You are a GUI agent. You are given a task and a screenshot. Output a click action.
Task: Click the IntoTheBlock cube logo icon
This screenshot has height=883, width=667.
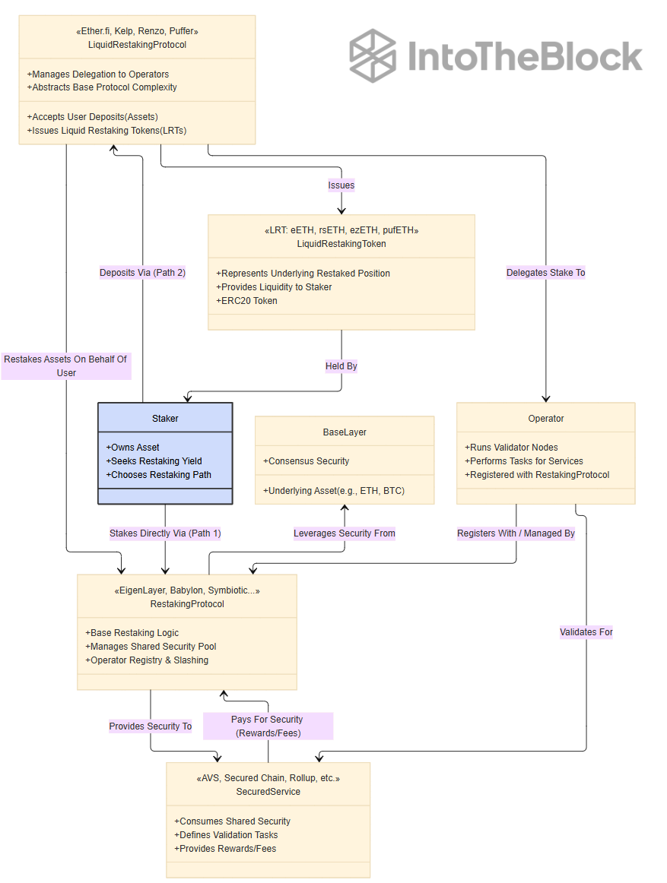[x=373, y=55]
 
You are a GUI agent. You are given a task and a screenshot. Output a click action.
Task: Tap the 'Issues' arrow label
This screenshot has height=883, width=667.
[x=341, y=185]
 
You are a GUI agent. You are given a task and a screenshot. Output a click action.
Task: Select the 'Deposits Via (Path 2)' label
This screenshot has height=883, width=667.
[x=143, y=273]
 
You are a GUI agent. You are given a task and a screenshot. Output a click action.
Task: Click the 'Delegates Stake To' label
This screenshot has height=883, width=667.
[x=546, y=273]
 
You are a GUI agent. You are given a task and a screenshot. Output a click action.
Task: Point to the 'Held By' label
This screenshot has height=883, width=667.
[x=341, y=366]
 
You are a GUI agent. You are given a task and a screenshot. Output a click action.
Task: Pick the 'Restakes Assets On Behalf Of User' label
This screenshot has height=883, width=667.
[x=66, y=366]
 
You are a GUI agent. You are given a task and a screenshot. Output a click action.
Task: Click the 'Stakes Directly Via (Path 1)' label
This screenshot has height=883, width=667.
[x=165, y=533]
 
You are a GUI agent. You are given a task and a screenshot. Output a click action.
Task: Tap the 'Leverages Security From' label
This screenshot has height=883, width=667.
[x=345, y=533]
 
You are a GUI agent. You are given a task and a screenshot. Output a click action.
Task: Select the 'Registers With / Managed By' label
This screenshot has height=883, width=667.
[x=516, y=533]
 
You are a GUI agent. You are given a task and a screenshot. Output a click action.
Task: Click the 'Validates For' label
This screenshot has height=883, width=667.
[x=586, y=631]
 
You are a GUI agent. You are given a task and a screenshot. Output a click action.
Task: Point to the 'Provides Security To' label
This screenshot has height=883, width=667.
[x=151, y=726]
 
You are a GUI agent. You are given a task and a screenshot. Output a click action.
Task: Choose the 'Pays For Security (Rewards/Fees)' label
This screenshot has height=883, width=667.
[x=268, y=726]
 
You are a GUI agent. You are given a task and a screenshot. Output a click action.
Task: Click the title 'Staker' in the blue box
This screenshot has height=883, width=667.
[x=165, y=419]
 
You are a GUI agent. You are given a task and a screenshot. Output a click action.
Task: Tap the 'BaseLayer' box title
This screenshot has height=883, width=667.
[x=345, y=432]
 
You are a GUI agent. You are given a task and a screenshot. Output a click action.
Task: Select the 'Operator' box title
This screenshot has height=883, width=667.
[x=546, y=419]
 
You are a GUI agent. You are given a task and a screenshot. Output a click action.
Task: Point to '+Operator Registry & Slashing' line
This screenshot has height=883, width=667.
[x=147, y=660]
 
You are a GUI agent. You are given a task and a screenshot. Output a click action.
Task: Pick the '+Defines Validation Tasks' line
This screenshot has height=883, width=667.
[x=226, y=834]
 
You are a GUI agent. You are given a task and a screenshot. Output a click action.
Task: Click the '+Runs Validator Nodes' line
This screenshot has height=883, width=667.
[x=511, y=447]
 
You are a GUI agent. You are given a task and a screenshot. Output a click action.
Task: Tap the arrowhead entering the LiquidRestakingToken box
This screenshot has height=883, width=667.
[x=341, y=211]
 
